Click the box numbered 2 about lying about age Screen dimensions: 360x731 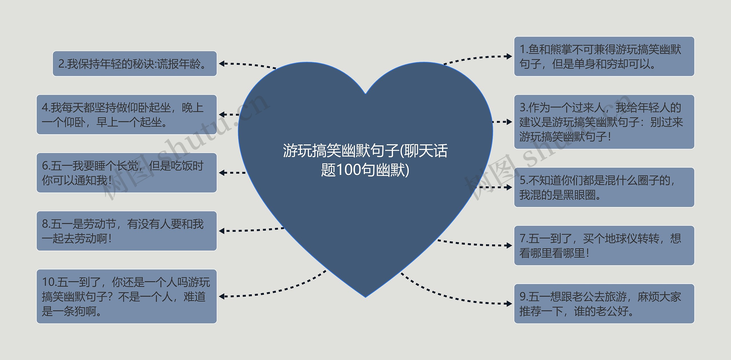[134, 64]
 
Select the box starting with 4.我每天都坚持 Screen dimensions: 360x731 [126, 114]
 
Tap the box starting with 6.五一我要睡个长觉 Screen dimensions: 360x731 [126, 173]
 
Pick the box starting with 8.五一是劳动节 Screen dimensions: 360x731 [126, 231]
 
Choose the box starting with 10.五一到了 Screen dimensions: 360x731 [126, 296]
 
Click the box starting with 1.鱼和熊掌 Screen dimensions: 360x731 [604, 57]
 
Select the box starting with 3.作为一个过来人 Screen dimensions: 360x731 [604, 122]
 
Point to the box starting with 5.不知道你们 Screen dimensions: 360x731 [604, 187]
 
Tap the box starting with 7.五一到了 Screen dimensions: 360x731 [604, 246]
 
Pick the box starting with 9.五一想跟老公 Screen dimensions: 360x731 [604, 304]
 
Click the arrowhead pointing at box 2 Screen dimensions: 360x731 [222, 64]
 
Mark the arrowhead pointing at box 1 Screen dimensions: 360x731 [509, 57]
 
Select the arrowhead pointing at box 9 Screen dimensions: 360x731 [509, 304]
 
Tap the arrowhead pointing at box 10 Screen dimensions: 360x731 [222, 296]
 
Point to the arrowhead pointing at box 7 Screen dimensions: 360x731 [509, 246]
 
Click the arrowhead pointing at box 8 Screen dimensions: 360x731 [222, 231]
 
